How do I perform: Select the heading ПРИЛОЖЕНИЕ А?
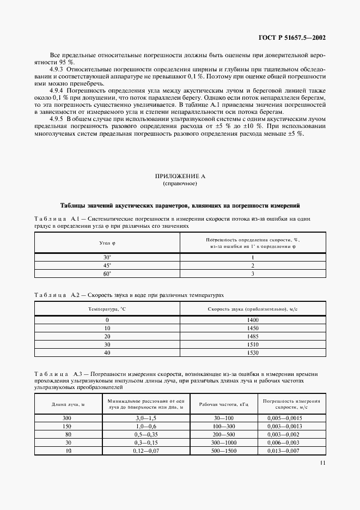[x=180, y=177]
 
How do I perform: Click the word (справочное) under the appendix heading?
[x=180, y=184]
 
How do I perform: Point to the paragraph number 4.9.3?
[x=56, y=69]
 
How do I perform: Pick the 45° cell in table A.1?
[x=107, y=265]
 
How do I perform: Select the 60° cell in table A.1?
[x=107, y=274]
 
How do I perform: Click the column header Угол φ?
[x=107, y=244]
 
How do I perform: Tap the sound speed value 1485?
[x=252, y=337]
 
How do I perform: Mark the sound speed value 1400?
[x=252, y=320]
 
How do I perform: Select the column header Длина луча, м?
[x=68, y=404]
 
